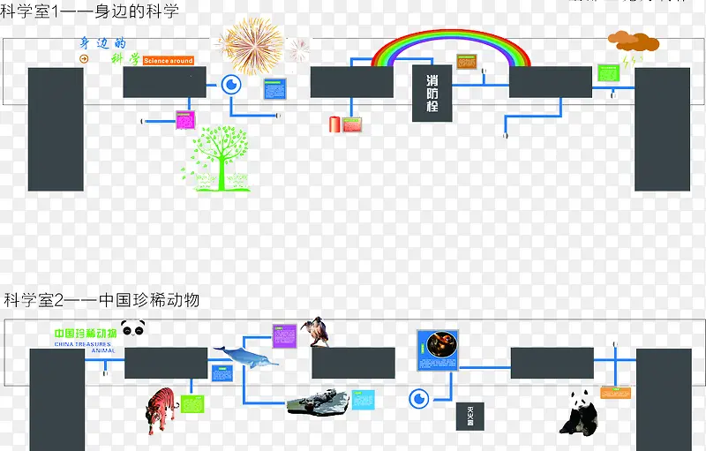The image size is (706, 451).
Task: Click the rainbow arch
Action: point(453,40)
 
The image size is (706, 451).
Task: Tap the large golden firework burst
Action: point(252,43)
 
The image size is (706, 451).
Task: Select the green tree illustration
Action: point(217,159)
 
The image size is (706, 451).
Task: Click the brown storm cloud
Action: point(632,41)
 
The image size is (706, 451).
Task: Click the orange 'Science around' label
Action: point(168,61)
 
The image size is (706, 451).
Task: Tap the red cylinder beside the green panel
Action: point(334,124)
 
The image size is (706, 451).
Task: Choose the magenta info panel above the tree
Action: point(185,120)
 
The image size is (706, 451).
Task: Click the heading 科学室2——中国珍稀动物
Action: point(101,300)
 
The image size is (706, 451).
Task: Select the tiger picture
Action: point(161,410)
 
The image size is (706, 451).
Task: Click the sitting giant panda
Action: point(580,412)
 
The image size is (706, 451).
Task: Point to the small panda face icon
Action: point(133,329)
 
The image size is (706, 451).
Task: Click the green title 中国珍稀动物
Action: point(85,334)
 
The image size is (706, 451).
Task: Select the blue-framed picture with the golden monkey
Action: point(439,350)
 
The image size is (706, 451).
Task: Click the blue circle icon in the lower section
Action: point(419,399)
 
